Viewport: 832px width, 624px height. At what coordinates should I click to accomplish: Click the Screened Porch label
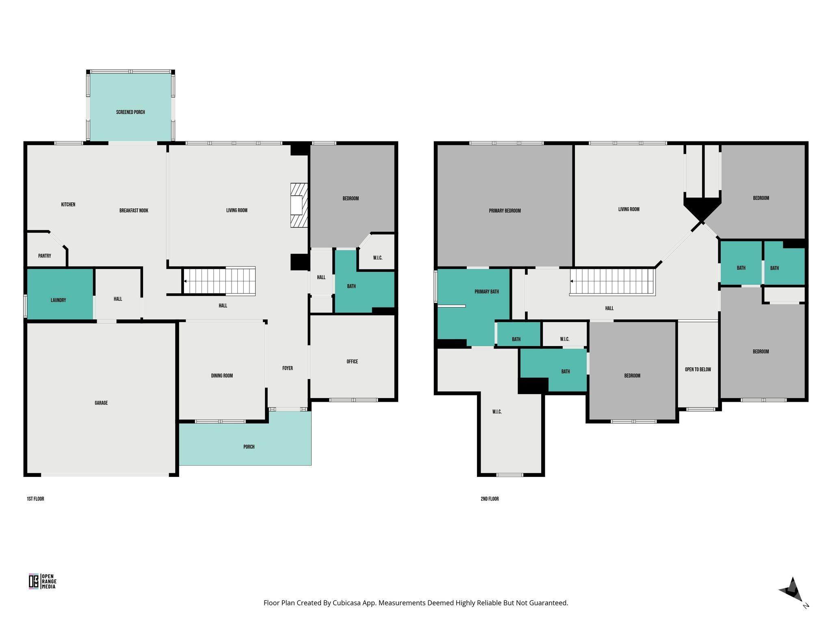click(130, 112)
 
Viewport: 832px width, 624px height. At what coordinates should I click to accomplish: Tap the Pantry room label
click(45, 256)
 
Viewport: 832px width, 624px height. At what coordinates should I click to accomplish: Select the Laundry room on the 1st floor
click(58, 300)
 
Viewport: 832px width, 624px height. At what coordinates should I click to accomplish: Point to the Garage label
click(101, 403)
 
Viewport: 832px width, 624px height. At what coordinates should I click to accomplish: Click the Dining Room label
click(222, 376)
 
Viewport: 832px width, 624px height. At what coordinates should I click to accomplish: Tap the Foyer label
click(288, 368)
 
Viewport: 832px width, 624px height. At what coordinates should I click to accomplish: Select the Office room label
click(352, 362)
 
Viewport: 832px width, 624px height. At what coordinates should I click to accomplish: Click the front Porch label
click(249, 447)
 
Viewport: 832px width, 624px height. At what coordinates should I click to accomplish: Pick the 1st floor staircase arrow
click(186, 281)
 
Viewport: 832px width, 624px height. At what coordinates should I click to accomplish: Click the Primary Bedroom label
click(505, 211)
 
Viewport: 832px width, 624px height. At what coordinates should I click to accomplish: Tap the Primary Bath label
click(487, 292)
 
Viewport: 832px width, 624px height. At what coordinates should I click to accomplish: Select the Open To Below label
click(698, 370)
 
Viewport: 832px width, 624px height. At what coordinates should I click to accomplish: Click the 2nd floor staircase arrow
click(572, 281)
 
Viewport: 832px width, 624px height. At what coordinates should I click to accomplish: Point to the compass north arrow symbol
click(791, 589)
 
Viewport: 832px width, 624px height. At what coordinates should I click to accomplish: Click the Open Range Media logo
click(42, 581)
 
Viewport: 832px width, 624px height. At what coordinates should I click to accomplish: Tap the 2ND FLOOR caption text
click(490, 499)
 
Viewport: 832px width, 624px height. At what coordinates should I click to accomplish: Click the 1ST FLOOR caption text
click(35, 499)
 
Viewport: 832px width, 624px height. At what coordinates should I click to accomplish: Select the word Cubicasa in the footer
click(348, 603)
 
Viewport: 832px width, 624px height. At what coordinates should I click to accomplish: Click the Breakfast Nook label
click(134, 211)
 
